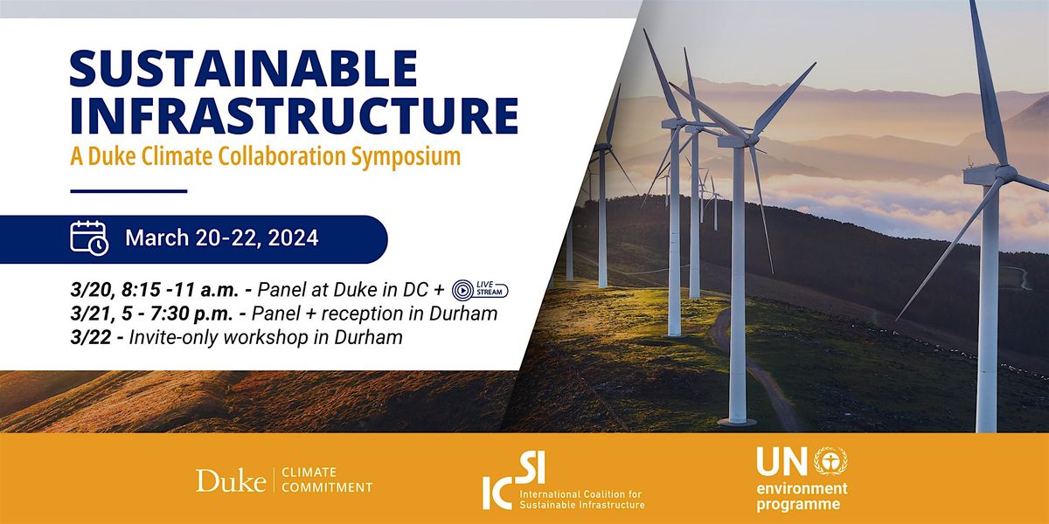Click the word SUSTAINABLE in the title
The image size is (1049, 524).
click(244, 68)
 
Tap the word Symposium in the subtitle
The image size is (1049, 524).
click(406, 156)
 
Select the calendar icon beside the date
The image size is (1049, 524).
click(89, 238)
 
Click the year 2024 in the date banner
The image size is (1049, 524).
click(293, 238)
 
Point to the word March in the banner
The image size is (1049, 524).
click(156, 238)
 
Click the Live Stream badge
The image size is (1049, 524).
click(480, 290)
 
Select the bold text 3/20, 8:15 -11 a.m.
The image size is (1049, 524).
click(155, 290)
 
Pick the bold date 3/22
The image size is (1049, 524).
click(91, 338)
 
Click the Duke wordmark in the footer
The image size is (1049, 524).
click(231, 480)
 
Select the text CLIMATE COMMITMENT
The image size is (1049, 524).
click(327, 480)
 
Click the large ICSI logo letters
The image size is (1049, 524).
click(514, 479)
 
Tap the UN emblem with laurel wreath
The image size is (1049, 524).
click(830, 461)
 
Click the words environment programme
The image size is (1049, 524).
click(802, 497)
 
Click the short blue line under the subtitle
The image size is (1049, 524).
click(129, 191)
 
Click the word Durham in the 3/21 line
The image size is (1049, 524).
click(463, 314)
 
